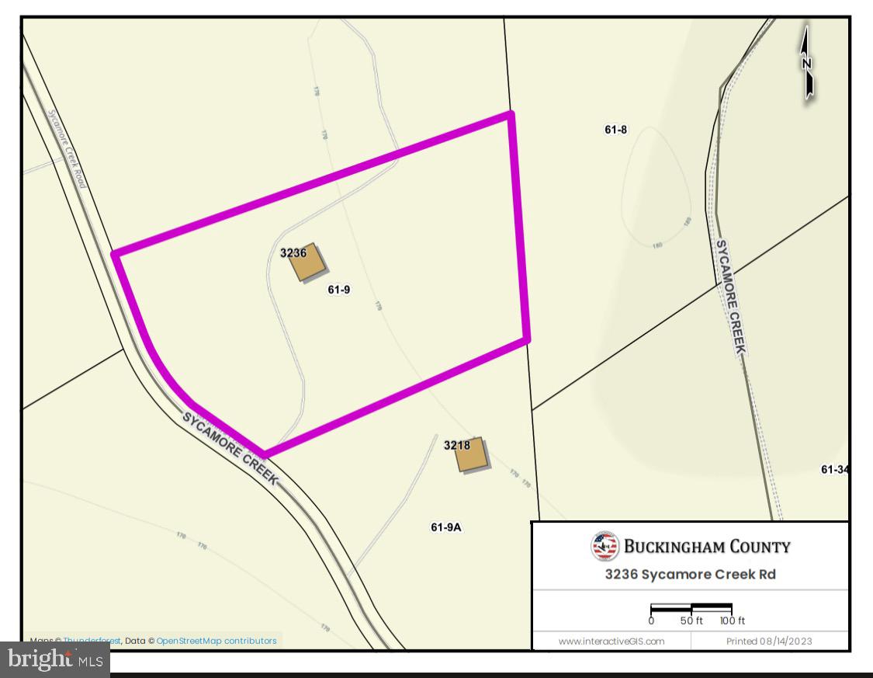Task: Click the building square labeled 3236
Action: click(307, 264)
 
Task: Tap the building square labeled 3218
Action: click(471, 455)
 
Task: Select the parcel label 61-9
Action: click(339, 290)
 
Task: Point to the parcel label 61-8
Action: click(615, 130)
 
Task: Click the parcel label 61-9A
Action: click(446, 527)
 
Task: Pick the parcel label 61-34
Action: click(834, 469)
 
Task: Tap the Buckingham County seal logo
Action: click(605, 546)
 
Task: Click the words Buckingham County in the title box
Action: click(707, 547)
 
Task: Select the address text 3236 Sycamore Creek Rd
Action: click(690, 575)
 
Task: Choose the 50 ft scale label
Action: click(691, 621)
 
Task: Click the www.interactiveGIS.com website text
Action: click(611, 641)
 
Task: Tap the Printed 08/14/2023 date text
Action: click(769, 641)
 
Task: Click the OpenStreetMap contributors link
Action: click(217, 641)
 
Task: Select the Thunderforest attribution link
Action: click(92, 641)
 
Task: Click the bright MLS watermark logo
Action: click(55, 661)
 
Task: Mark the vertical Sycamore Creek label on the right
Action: click(729, 297)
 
